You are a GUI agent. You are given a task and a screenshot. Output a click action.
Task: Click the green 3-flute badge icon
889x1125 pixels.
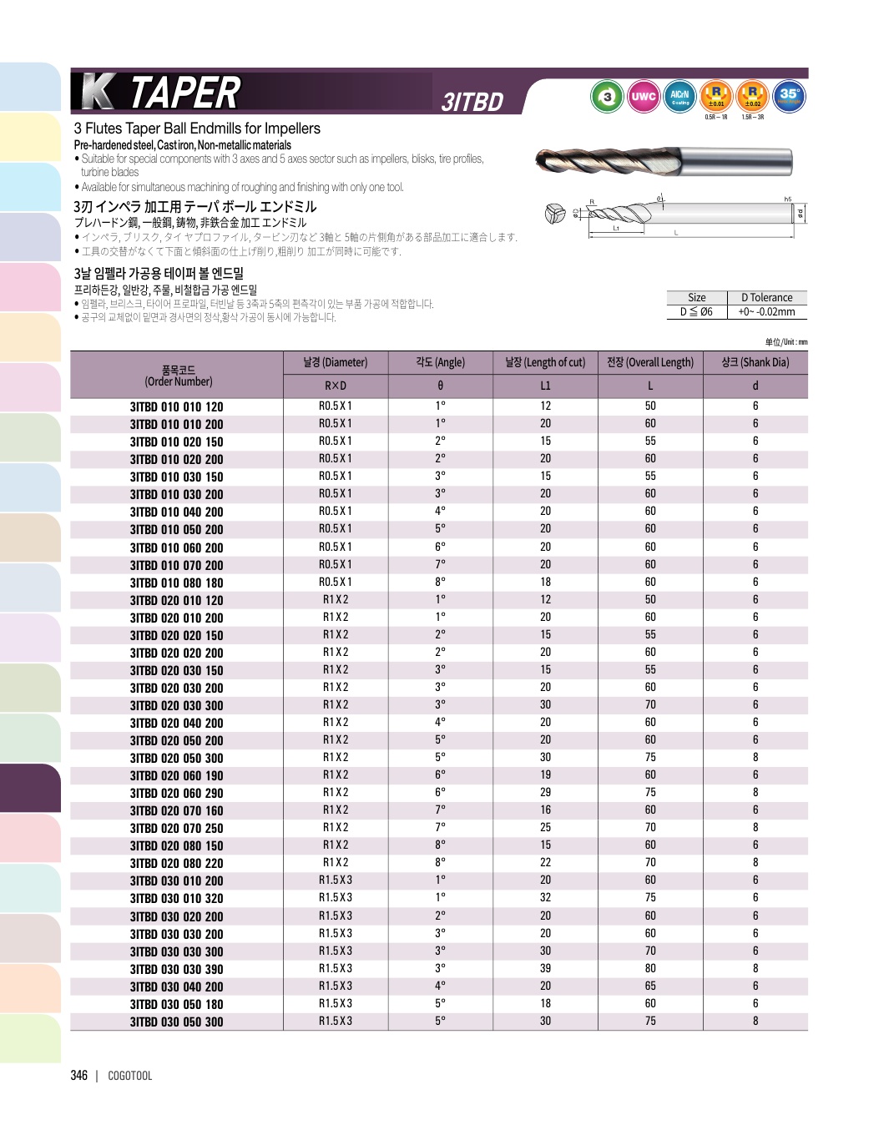[607, 97]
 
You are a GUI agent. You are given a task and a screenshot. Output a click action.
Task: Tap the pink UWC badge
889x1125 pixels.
[644, 97]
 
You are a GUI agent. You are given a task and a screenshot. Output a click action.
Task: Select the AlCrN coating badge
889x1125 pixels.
[679, 97]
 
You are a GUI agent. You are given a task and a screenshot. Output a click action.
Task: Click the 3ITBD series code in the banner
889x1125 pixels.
[472, 102]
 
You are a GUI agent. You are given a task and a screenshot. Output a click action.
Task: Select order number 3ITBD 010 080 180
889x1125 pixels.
[176, 583]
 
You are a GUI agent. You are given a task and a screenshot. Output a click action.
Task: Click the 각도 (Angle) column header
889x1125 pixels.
[440, 362]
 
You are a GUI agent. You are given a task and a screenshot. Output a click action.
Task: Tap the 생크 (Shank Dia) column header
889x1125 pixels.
[755, 362]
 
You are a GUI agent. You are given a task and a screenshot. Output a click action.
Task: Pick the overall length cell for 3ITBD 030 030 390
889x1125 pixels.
[650, 968]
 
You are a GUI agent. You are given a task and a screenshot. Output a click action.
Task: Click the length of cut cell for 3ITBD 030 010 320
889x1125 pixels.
[545, 897]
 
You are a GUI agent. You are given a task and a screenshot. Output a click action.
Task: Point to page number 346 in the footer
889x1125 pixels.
[79, 1075]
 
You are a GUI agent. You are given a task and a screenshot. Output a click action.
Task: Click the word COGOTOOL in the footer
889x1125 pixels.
[130, 1076]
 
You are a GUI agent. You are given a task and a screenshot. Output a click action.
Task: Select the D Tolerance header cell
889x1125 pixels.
[766, 298]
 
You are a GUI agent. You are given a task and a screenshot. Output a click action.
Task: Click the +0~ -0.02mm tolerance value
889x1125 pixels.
[766, 312]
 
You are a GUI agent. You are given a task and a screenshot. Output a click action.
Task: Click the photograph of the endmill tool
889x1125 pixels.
[664, 161]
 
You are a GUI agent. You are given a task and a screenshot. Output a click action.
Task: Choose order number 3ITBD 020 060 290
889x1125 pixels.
[176, 793]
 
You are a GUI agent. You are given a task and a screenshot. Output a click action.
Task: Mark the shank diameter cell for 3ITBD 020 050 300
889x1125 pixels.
[755, 757]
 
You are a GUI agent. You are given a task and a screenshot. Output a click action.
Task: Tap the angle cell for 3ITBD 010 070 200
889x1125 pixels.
[440, 564]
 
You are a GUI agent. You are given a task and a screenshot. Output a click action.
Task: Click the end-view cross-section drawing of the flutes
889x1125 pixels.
[555, 214]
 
